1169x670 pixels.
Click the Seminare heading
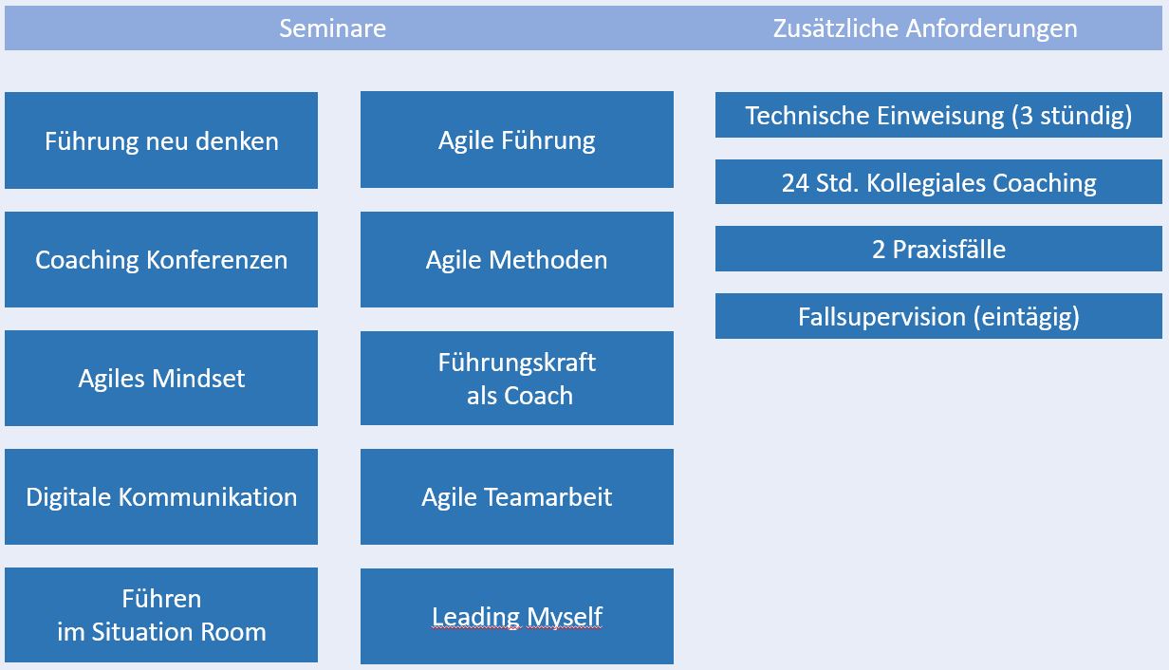click(x=332, y=28)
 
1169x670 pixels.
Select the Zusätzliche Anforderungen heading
click(x=925, y=28)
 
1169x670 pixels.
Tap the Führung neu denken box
click(x=161, y=140)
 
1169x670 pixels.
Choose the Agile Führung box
click(x=516, y=140)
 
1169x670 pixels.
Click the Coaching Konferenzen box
click(x=161, y=259)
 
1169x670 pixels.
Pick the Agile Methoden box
click(x=516, y=259)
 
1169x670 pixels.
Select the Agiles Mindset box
click(x=161, y=378)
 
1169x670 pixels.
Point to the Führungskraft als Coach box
click(x=516, y=378)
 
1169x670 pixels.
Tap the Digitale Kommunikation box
click(x=161, y=496)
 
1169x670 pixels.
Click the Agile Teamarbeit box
click(x=516, y=496)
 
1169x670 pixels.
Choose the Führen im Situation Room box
click(x=161, y=615)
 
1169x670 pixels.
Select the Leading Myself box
click(x=516, y=616)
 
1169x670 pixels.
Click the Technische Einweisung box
click(x=938, y=115)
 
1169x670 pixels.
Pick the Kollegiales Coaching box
click(x=938, y=181)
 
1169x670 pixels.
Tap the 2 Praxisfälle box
click(x=938, y=249)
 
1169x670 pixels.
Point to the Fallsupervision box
click(x=938, y=316)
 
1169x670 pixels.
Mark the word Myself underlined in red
click(x=565, y=617)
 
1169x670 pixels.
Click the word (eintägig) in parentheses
click(x=1026, y=317)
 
